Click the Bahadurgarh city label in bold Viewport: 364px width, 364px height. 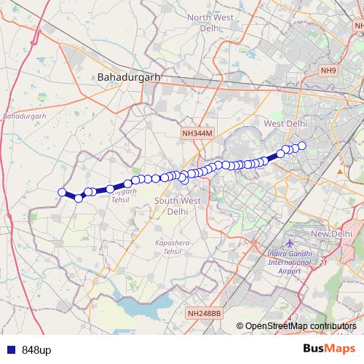coord(127,76)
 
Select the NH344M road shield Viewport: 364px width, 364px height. coord(197,134)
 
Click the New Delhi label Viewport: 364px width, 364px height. coord(331,234)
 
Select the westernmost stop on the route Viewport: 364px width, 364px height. coord(62,192)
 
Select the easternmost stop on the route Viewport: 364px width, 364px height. coord(302,146)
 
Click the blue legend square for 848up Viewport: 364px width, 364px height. coord(9,350)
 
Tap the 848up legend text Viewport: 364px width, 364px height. coord(36,350)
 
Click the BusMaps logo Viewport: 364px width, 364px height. coord(330,349)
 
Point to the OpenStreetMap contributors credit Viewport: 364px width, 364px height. coord(301,325)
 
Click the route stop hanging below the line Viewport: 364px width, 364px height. coord(184,180)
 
